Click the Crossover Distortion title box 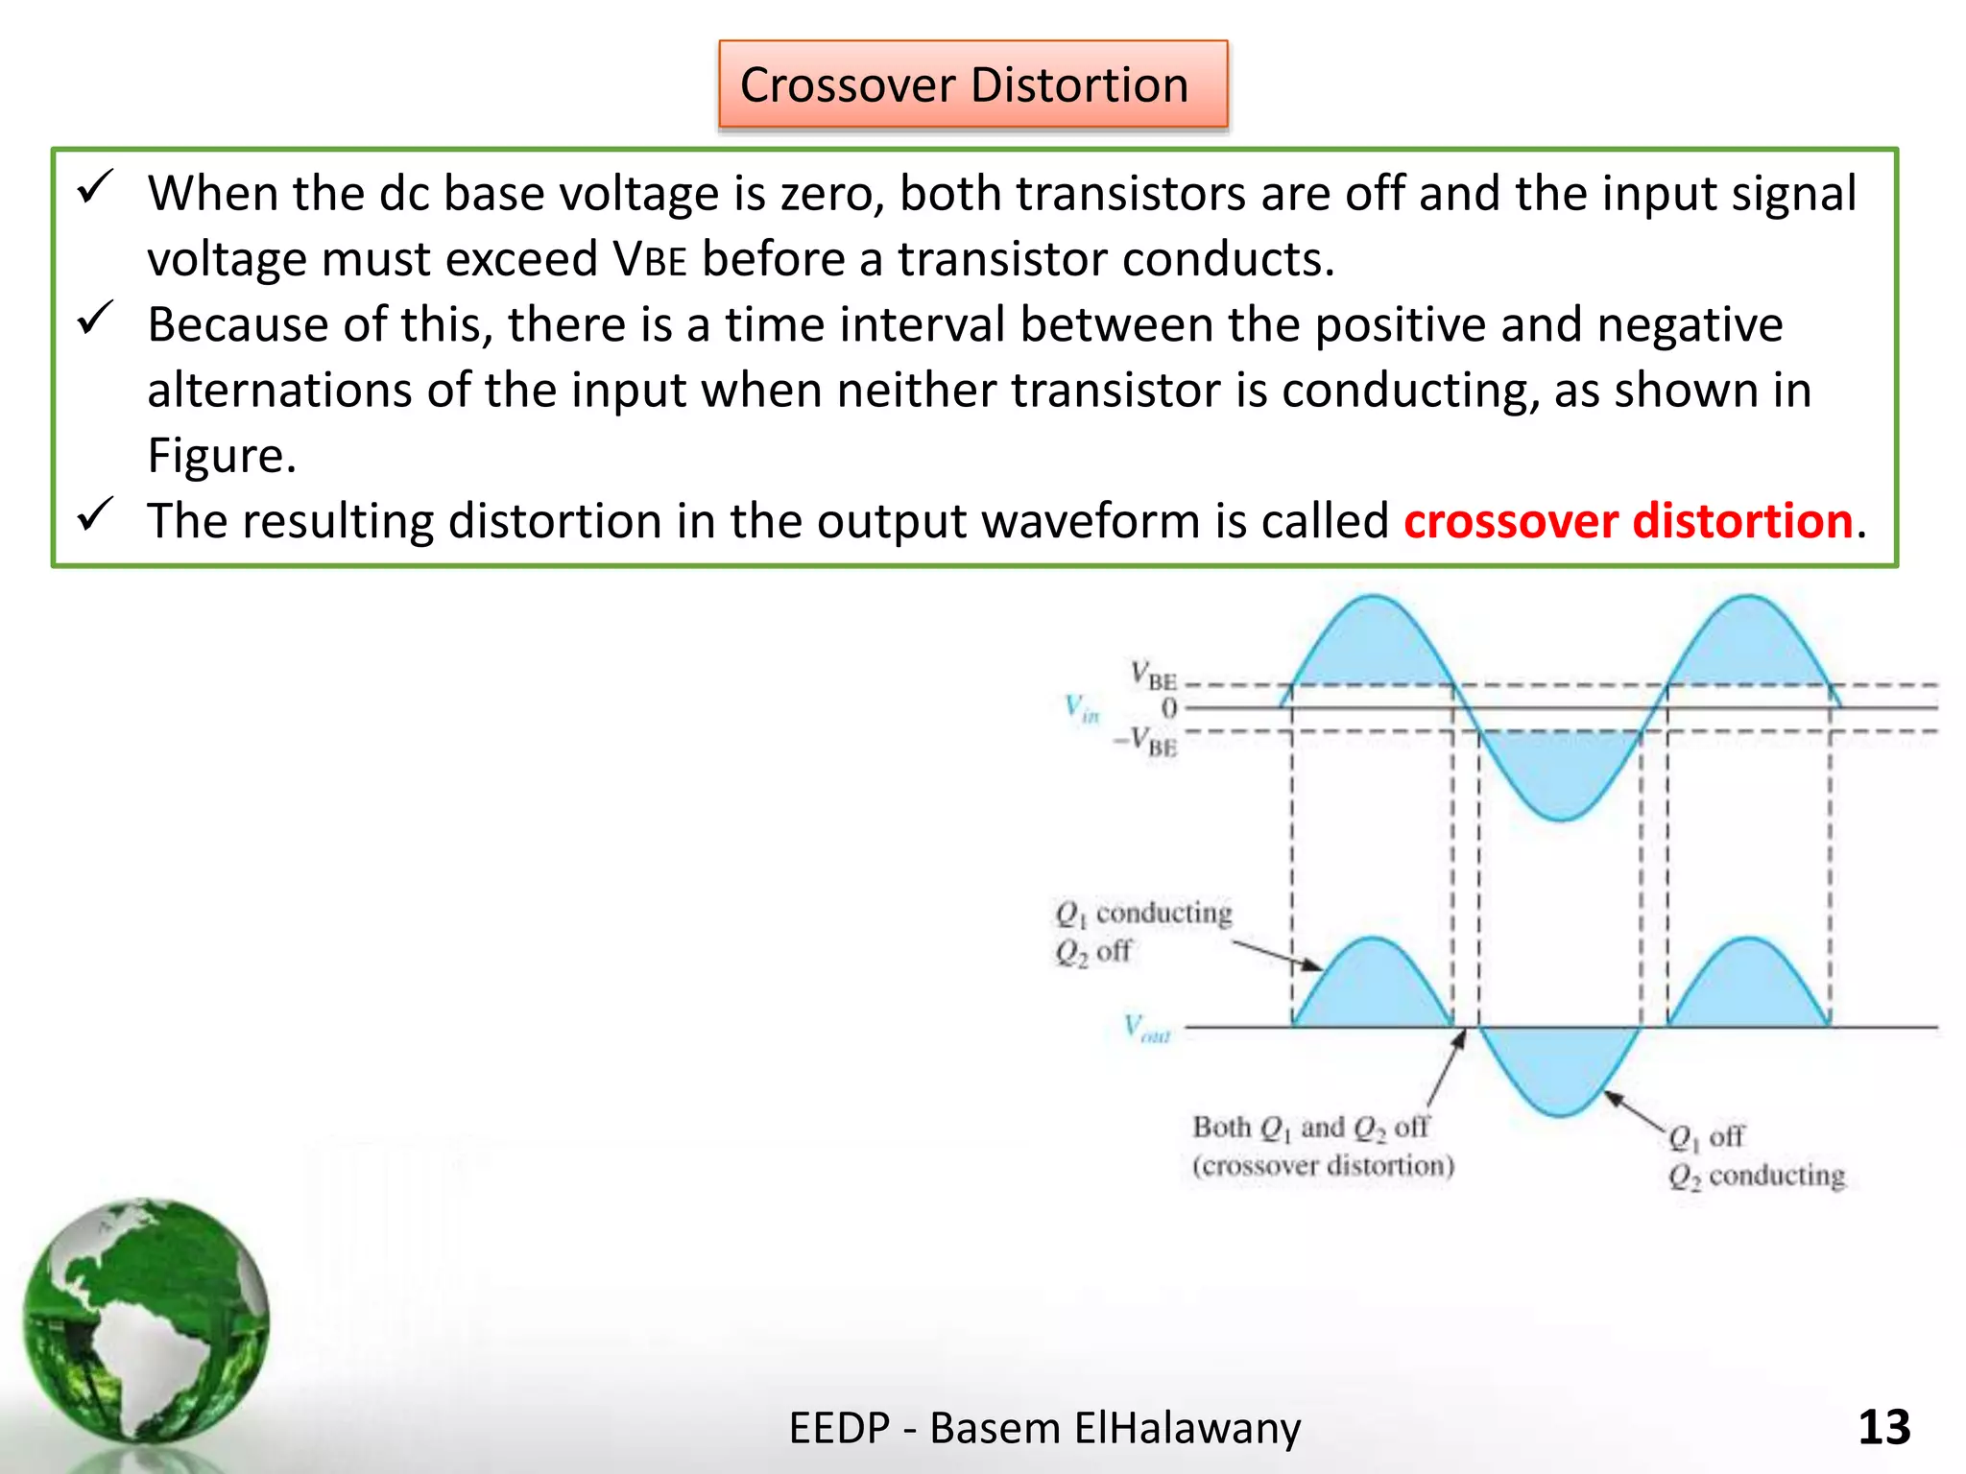tap(972, 84)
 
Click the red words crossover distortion tap(1628, 521)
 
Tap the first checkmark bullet tap(96, 187)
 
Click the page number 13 tap(1883, 1427)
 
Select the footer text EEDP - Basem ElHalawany tap(1044, 1427)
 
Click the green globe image tap(146, 1319)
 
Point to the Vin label tap(1082, 709)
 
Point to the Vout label tap(1147, 1029)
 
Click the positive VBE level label tap(1154, 676)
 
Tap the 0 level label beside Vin tap(1168, 708)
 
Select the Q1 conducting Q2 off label tap(1142, 931)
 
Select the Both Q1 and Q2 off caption tap(1323, 1146)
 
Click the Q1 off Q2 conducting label tap(1755, 1156)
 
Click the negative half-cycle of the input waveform tap(1561, 773)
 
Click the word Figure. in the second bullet tap(222, 455)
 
